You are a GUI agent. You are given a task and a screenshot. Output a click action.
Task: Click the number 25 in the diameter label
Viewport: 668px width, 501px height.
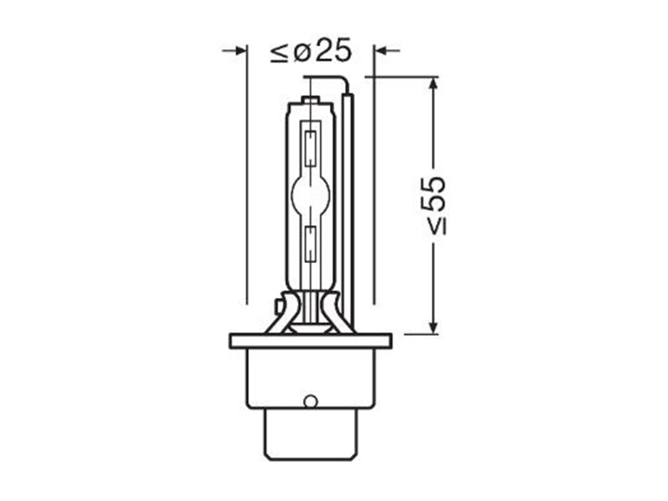(x=334, y=51)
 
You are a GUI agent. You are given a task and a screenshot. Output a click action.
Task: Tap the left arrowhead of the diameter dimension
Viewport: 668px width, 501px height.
(x=240, y=51)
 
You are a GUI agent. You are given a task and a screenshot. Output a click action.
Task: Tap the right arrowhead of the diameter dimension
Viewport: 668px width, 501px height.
(x=381, y=51)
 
